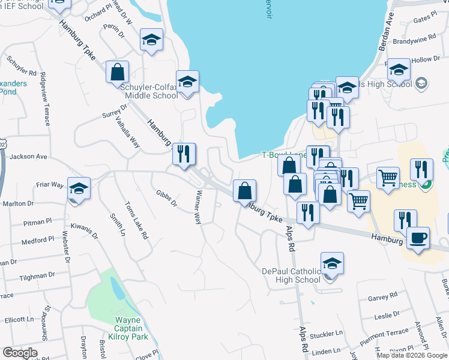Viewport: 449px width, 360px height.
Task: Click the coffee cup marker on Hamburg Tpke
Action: point(418,238)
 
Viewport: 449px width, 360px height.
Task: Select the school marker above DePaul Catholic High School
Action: point(332,264)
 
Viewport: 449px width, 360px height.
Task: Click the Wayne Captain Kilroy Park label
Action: point(128,328)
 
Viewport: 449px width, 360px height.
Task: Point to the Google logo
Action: point(20,353)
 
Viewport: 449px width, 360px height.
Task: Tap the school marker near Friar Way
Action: point(79,188)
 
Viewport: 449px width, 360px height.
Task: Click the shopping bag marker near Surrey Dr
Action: point(118,72)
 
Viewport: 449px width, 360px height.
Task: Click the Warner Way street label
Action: point(198,208)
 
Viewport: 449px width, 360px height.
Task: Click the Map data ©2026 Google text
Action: point(412,355)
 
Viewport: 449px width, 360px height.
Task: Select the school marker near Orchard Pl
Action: point(151,41)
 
